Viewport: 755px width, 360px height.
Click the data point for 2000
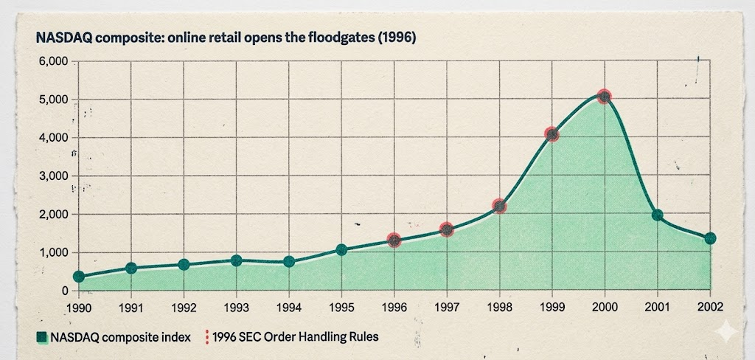point(605,96)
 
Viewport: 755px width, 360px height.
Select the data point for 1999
point(552,134)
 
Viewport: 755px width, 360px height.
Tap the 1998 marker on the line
point(499,207)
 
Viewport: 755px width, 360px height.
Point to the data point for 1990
point(79,277)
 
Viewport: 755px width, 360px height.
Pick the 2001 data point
point(658,215)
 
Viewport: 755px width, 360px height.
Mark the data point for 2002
point(710,238)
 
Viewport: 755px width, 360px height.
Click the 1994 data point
point(289,262)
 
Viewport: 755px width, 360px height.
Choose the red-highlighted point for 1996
point(394,240)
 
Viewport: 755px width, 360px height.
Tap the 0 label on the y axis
point(64,291)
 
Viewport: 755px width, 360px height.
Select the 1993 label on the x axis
point(236,307)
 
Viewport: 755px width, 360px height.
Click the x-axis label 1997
point(446,307)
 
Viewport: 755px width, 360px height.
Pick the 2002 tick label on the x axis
point(709,307)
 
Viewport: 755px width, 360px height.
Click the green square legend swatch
point(42,338)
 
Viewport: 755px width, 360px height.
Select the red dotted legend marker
point(206,337)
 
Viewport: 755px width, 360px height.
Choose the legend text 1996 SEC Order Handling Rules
point(295,337)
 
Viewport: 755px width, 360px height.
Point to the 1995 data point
point(341,250)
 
